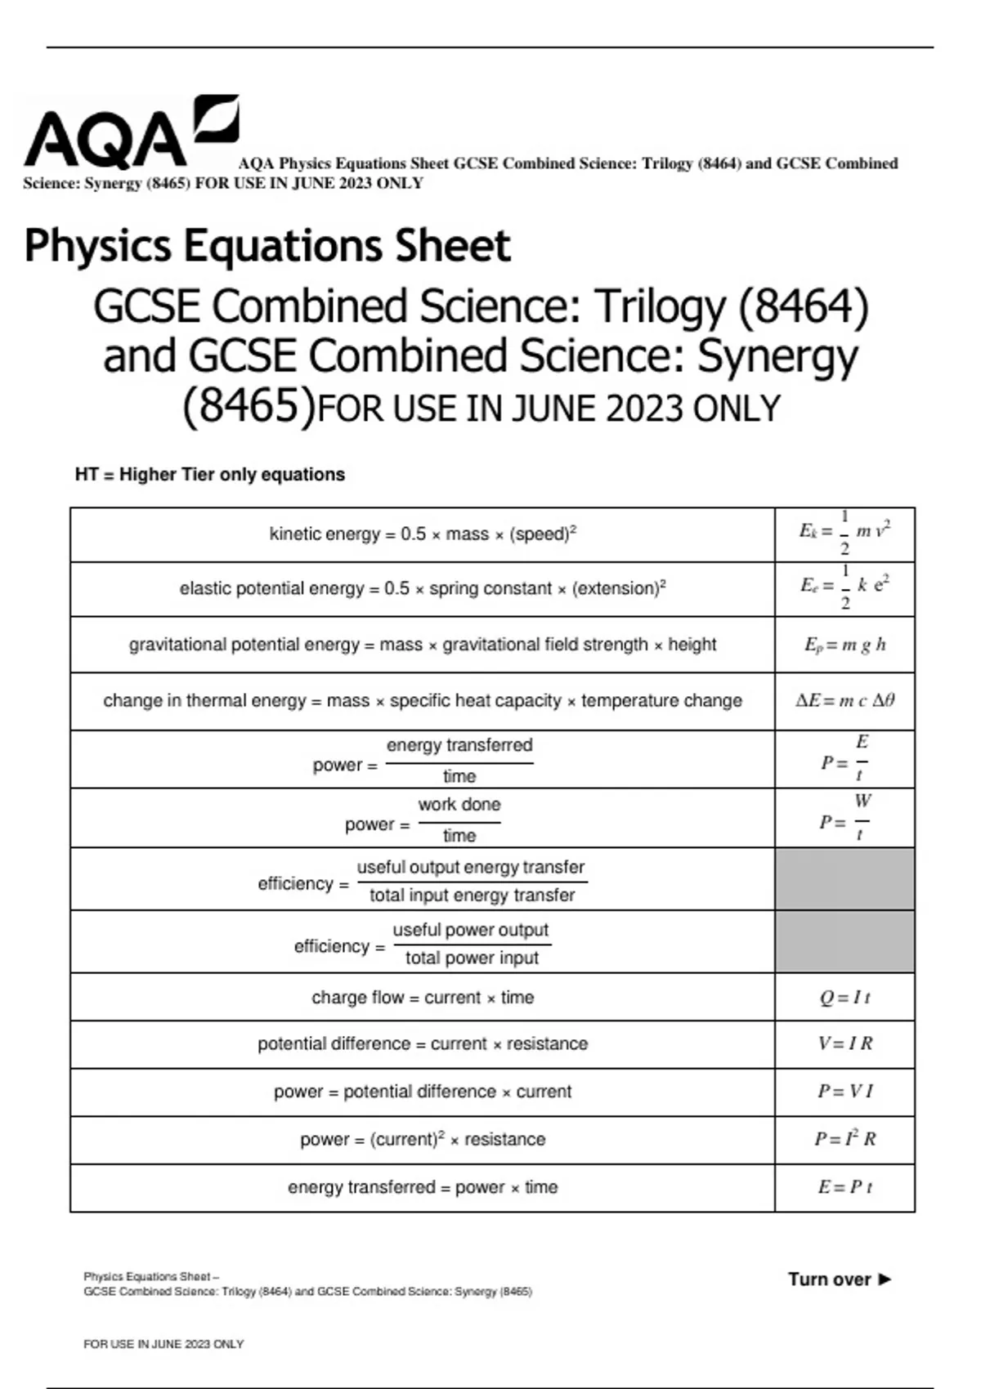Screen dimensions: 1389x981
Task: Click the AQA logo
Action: [x=131, y=132]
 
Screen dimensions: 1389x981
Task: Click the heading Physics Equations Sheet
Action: [x=267, y=245]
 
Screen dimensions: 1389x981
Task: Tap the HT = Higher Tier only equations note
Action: [x=210, y=475]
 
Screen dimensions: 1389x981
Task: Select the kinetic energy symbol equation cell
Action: [x=844, y=534]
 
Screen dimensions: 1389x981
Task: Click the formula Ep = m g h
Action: [x=844, y=645]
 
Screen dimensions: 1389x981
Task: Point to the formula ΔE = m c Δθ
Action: [x=844, y=700]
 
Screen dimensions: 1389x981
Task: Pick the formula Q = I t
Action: [x=844, y=997]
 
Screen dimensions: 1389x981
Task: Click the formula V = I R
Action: [x=844, y=1043]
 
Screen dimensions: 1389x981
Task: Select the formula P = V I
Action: [x=844, y=1091]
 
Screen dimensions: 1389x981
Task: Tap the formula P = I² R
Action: [x=844, y=1139]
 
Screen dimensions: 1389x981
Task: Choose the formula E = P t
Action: [x=844, y=1186]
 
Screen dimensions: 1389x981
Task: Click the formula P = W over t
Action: [x=844, y=819]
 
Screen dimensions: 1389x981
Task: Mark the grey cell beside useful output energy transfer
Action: [x=844, y=879]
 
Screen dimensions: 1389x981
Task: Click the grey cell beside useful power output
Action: [x=844, y=942]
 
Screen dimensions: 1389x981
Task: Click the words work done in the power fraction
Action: [x=459, y=805]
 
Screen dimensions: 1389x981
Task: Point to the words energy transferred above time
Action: [x=459, y=745]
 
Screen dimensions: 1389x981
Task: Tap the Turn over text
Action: [x=839, y=1280]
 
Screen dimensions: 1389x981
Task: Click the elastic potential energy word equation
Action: [x=423, y=588]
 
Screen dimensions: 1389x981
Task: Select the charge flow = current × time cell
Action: [x=423, y=997]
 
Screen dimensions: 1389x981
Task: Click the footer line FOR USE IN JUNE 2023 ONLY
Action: [x=163, y=1344]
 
